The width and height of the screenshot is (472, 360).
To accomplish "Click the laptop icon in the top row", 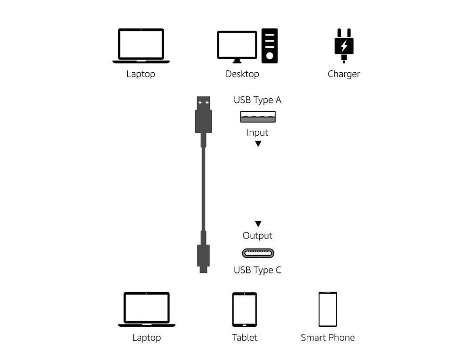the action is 141,46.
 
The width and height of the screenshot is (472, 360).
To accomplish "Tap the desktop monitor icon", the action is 237,46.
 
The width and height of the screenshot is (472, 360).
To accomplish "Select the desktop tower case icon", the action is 269,46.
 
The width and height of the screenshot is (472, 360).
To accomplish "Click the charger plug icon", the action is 344,46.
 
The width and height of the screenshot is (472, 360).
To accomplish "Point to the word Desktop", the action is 242,74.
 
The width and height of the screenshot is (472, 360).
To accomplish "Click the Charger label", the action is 344,74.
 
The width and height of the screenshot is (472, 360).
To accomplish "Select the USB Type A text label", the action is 257,100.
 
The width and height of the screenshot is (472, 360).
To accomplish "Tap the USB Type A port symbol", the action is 258,117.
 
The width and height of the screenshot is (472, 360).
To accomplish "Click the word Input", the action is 257,133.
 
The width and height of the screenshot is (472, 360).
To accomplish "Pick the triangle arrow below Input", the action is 258,144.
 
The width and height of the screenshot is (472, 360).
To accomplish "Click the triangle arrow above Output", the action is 258,224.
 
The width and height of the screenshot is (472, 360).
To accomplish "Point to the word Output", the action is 257,236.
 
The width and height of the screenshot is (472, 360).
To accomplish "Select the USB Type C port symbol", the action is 258,254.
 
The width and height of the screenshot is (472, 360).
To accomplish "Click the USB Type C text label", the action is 257,270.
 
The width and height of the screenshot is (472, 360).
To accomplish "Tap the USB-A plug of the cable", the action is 204,116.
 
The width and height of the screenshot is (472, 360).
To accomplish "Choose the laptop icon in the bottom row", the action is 147,309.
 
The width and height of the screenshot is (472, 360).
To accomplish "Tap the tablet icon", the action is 244,309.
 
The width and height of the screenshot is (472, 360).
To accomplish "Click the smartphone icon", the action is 327,309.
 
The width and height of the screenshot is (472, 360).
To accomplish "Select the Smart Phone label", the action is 327,338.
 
